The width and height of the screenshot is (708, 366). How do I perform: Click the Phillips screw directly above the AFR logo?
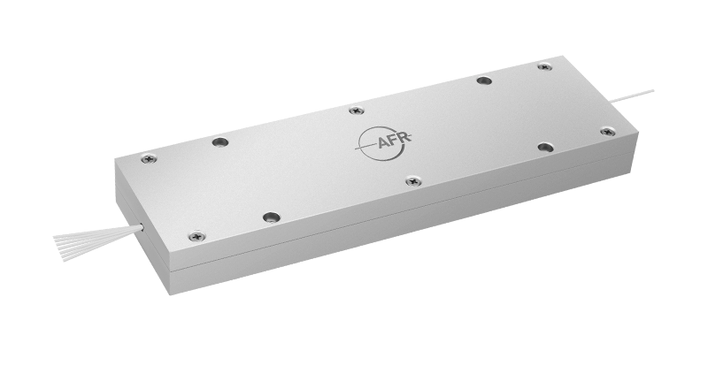click(x=356, y=111)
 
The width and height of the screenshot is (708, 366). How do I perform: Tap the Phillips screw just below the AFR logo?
click(x=413, y=181)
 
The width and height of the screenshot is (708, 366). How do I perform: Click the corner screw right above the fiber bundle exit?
click(x=196, y=236)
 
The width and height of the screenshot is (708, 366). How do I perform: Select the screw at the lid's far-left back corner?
click(x=148, y=159)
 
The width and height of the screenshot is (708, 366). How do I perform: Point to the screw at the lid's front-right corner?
click(x=608, y=132)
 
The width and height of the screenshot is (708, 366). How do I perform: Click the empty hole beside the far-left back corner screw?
click(x=220, y=141)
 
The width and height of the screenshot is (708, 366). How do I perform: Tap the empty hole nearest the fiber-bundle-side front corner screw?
click(x=272, y=217)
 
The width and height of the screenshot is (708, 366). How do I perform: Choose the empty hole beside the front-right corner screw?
click(x=546, y=147)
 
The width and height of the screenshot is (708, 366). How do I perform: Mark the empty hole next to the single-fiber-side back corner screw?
click(x=483, y=80)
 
